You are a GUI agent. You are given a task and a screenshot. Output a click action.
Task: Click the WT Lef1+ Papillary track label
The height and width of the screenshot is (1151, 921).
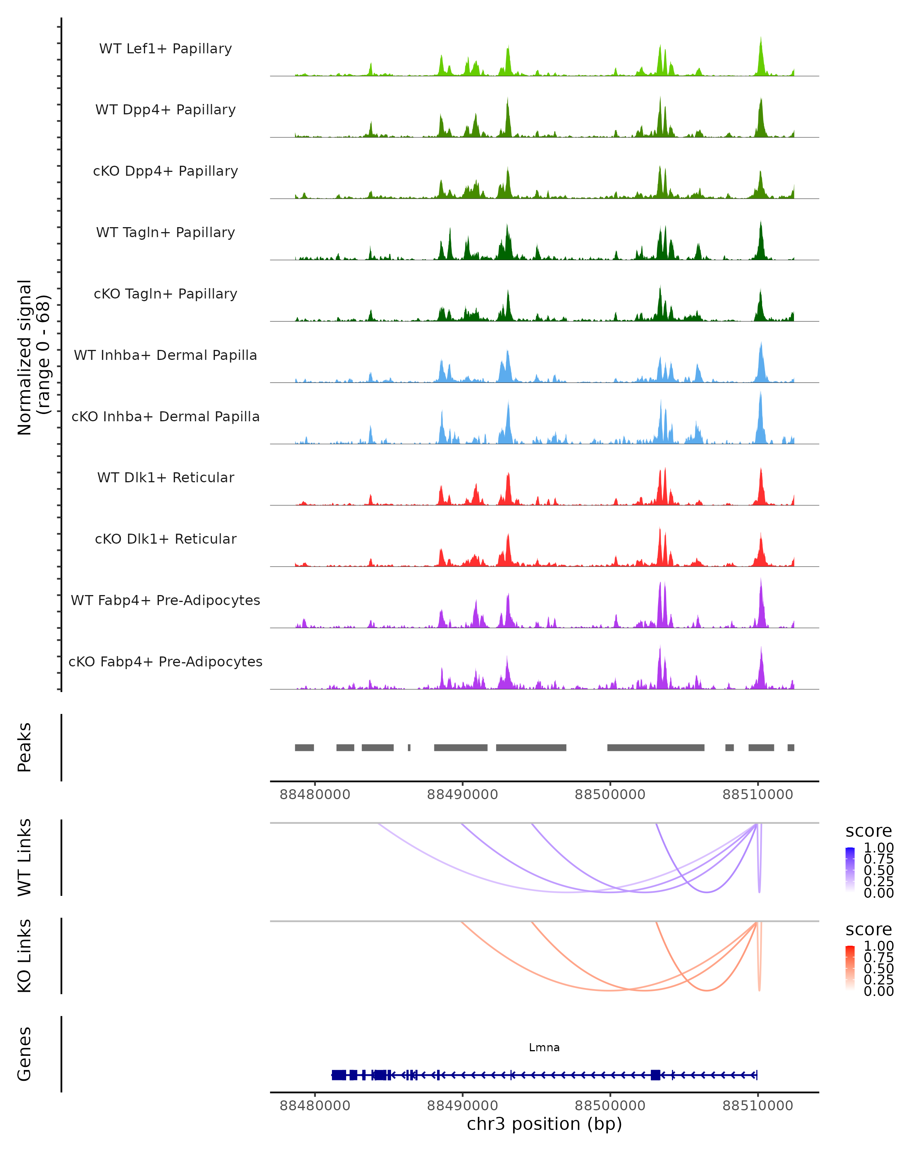[x=165, y=49]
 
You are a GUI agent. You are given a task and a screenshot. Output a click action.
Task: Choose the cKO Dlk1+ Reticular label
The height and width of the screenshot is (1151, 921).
[x=165, y=539]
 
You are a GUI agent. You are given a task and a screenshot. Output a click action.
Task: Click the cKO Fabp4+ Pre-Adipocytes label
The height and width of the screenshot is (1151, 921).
[x=165, y=661]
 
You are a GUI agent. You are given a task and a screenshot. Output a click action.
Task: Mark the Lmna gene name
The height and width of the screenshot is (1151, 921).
[x=544, y=1047]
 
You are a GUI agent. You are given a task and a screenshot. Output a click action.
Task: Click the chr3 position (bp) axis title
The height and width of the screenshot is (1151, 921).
[x=544, y=1124]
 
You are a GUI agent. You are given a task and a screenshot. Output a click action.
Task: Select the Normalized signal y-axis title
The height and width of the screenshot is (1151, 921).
[x=33, y=357]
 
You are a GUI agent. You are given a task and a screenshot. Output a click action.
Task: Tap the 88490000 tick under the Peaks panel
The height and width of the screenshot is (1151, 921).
[x=462, y=795]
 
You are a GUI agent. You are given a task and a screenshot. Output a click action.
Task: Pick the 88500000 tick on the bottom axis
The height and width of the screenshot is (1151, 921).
[x=610, y=1106]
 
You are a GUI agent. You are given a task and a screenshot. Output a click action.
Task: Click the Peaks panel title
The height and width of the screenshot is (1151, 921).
[x=25, y=747]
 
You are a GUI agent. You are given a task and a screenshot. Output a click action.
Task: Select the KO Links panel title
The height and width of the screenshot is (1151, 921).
[x=25, y=956]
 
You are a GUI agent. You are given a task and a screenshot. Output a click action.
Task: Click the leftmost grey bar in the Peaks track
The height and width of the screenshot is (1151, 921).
[x=304, y=747]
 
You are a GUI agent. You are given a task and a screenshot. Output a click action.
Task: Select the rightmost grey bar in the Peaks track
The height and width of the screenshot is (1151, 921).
[x=791, y=747]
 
